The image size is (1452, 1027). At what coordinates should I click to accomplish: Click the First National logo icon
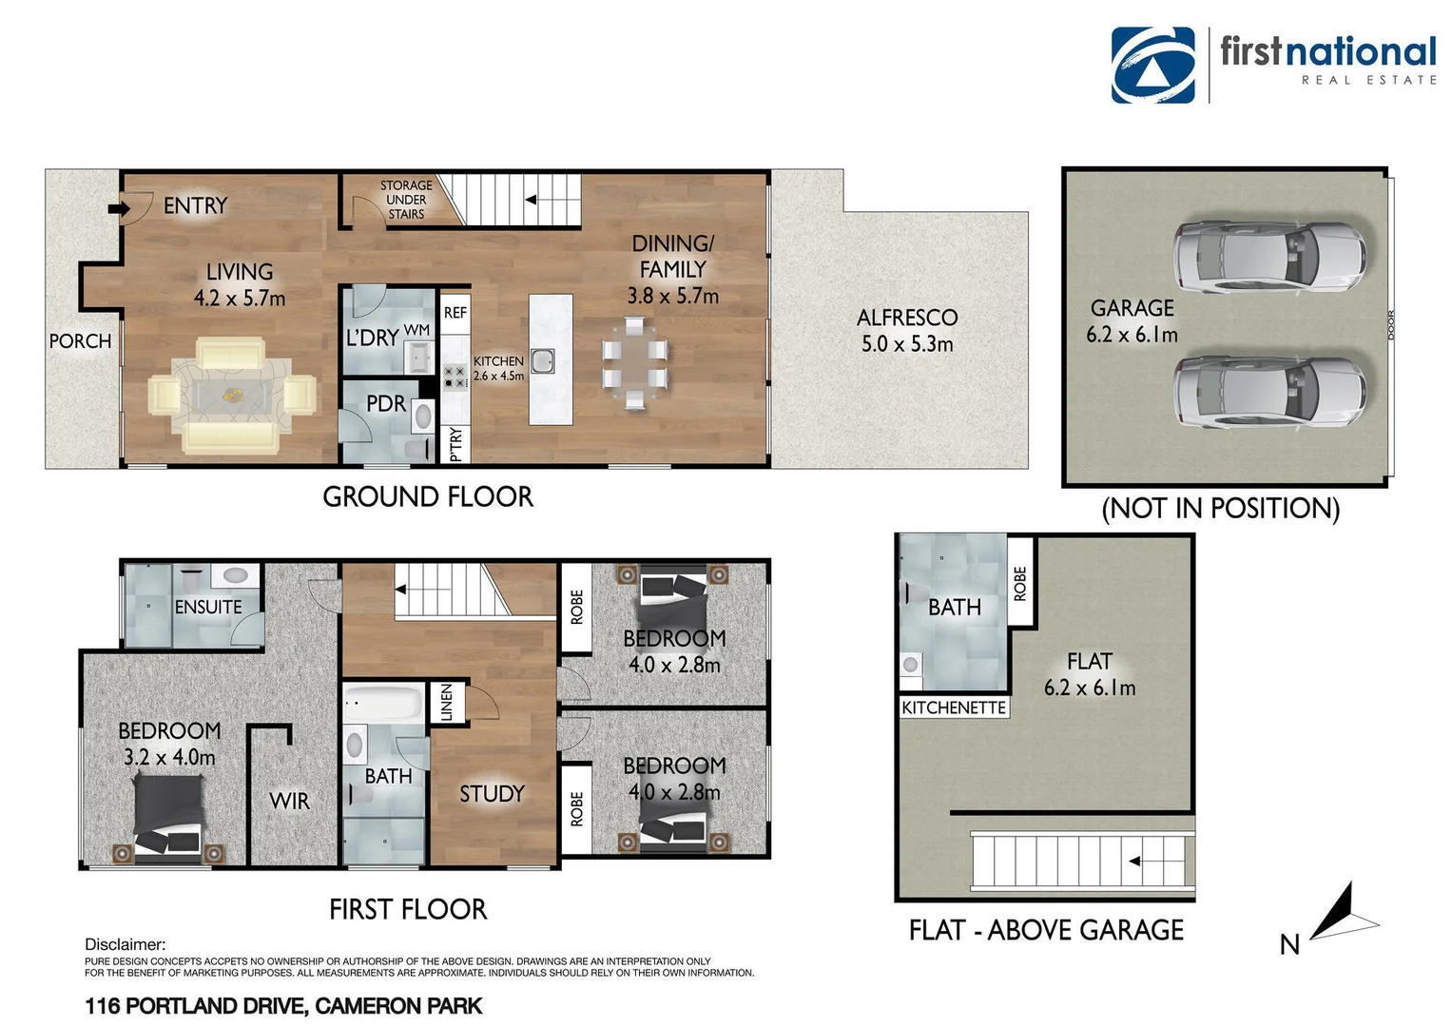click(x=1152, y=65)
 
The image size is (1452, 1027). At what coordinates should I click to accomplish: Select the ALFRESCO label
click(x=906, y=318)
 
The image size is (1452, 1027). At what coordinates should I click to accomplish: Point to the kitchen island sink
click(x=543, y=361)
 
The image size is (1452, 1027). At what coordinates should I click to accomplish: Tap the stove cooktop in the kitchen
click(x=455, y=377)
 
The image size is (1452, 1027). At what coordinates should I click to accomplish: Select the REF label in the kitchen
click(x=455, y=313)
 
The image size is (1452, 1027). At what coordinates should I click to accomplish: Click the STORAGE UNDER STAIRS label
click(x=406, y=200)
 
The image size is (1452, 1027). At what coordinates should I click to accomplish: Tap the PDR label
click(x=385, y=404)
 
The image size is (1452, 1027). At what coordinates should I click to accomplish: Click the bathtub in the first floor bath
click(x=382, y=705)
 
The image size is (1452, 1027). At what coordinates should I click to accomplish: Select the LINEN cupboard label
click(x=447, y=702)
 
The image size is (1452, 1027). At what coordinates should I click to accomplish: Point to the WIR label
click(x=289, y=802)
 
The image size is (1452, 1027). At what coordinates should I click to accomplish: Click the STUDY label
click(x=492, y=794)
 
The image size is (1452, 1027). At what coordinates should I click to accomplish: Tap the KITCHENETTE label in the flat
click(x=953, y=707)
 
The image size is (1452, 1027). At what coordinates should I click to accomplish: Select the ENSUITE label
click(x=208, y=607)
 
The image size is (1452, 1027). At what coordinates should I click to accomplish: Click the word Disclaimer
click(x=125, y=944)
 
